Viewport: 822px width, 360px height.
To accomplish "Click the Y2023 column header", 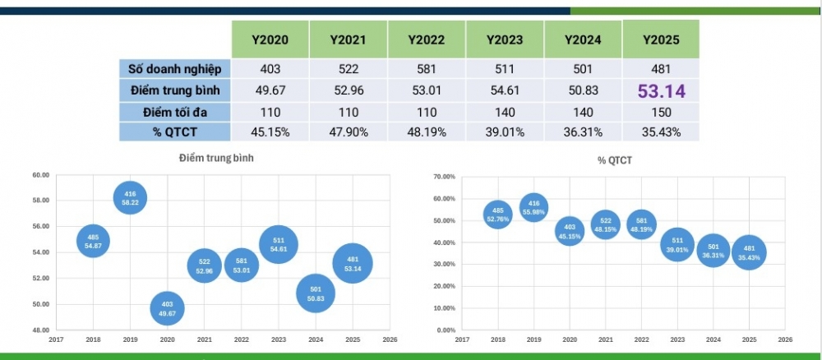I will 504,39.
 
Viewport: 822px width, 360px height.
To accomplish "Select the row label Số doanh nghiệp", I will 174,69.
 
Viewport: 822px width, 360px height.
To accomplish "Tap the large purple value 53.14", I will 662,90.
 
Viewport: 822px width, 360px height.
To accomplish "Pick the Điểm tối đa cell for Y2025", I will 662,112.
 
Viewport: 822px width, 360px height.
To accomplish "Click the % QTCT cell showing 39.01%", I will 504,132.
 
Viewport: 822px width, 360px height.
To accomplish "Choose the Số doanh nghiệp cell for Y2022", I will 426,69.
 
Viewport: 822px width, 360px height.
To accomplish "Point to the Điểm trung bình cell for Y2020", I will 270,90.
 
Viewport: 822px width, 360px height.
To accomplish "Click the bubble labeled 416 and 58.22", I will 130,197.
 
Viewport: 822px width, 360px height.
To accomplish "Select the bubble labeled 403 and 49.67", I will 167,307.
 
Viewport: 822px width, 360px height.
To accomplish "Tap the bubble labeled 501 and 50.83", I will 316,293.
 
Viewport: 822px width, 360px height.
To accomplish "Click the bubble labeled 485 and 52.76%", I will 496,215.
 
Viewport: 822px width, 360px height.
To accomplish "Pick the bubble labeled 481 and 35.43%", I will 749,253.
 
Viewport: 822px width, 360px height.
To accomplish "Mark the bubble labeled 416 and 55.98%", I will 534,207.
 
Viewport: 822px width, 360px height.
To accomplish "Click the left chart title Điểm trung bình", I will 215,158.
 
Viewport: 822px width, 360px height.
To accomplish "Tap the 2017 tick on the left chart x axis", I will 56,338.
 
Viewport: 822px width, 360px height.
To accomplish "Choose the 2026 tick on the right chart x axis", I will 785,338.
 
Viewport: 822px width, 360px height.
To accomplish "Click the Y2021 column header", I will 348,39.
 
